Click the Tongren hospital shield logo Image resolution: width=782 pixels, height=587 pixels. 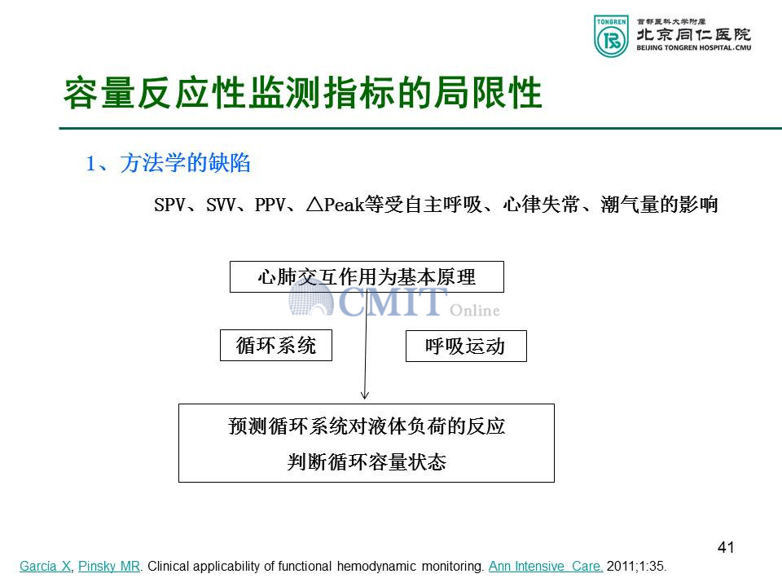click(x=611, y=36)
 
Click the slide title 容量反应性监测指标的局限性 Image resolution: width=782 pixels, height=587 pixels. click(x=303, y=93)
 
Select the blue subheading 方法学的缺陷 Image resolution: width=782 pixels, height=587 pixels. click(x=185, y=163)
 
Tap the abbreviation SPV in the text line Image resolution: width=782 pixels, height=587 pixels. click(x=169, y=205)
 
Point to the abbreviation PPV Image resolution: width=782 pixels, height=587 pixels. click(x=270, y=205)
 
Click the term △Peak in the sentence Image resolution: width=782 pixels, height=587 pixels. click(x=335, y=205)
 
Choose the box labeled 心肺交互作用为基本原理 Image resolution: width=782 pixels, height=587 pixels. click(x=367, y=276)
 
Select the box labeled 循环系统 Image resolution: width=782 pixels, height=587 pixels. click(x=276, y=345)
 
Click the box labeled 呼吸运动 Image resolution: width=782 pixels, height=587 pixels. click(x=466, y=346)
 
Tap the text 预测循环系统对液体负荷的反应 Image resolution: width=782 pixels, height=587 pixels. click(x=367, y=426)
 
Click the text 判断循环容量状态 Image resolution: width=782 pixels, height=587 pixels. click(x=367, y=461)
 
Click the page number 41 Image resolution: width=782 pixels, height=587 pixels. click(x=726, y=547)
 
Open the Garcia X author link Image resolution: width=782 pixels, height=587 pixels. click(x=46, y=566)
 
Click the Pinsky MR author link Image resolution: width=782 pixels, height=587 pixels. click(x=109, y=566)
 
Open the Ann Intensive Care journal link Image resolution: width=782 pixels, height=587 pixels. click(x=546, y=566)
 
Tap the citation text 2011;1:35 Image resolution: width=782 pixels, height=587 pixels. click(x=636, y=566)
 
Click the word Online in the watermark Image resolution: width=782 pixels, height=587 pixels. click(x=474, y=311)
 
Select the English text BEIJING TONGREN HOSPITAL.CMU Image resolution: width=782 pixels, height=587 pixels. click(x=694, y=48)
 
